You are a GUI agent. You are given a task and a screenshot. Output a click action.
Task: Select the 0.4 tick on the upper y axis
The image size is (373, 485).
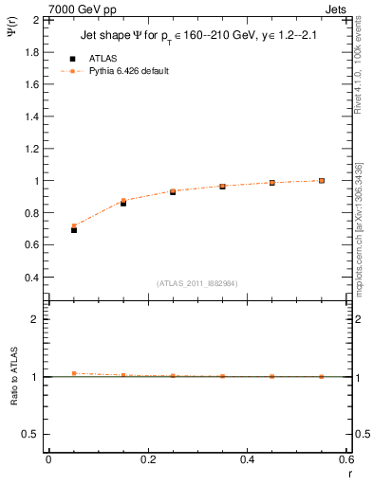35,278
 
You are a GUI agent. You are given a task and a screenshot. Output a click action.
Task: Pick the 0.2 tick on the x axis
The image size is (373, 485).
147,459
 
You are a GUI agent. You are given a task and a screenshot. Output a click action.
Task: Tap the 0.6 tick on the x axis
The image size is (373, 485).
345,459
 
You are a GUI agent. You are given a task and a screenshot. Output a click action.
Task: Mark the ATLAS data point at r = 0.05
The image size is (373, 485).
74,230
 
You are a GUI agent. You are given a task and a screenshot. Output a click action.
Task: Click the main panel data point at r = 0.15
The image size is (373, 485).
123,202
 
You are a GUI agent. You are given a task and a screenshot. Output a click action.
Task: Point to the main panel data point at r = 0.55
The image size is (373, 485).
322,180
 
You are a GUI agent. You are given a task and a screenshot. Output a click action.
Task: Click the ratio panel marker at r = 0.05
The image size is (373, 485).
74,373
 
